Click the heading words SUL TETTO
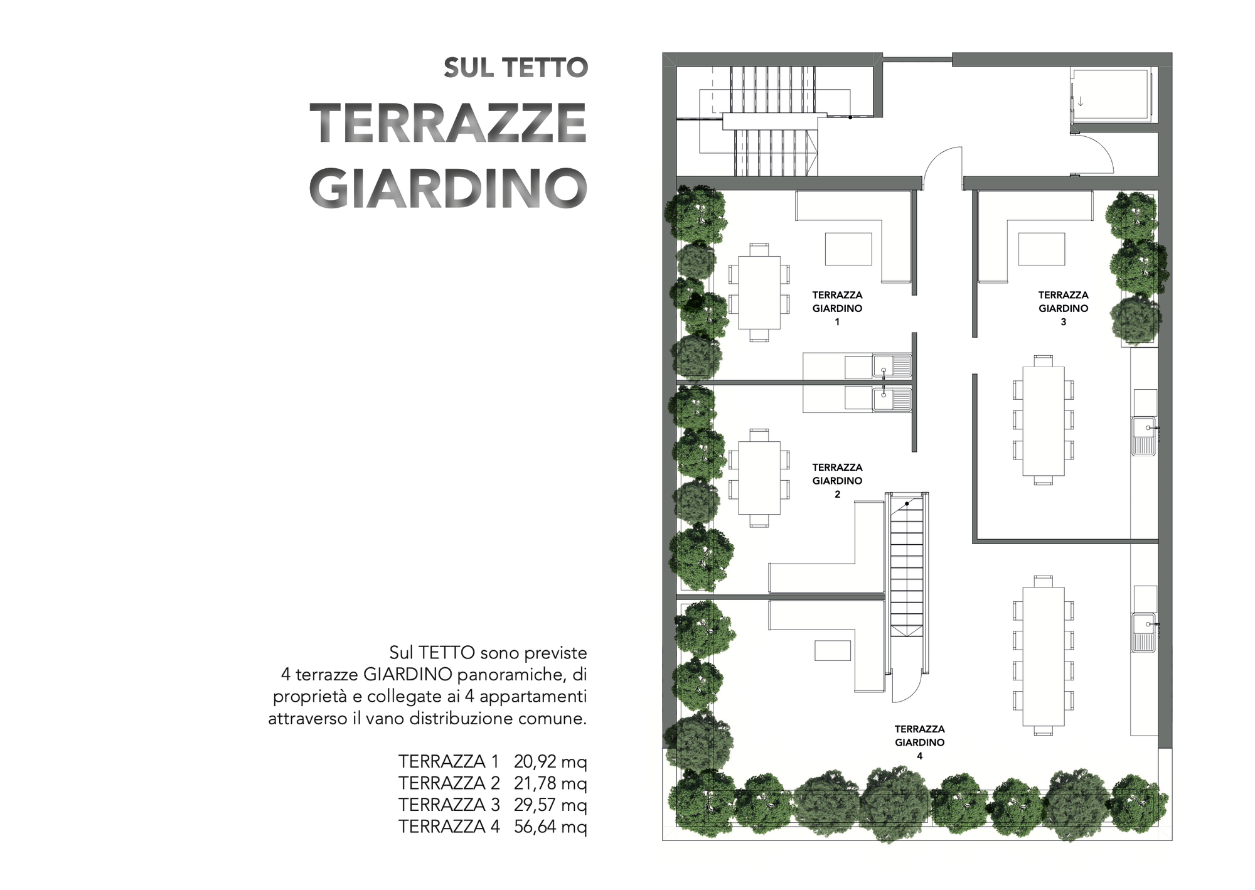click(515, 68)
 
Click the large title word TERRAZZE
click(448, 123)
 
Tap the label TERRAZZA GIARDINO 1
click(837, 308)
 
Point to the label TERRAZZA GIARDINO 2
click(837, 481)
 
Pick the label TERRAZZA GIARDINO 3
click(1063, 308)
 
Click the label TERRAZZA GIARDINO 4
click(919, 743)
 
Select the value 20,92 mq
click(550, 761)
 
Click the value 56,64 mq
click(550, 827)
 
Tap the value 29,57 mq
click(550, 805)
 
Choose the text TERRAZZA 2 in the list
click(449, 783)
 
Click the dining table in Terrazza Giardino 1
click(759, 292)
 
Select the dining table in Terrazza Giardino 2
click(759, 478)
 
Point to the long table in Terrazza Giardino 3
click(1043, 421)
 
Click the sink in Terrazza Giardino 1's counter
click(892, 365)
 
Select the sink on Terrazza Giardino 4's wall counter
click(1143, 632)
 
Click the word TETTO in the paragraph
click(447, 653)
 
